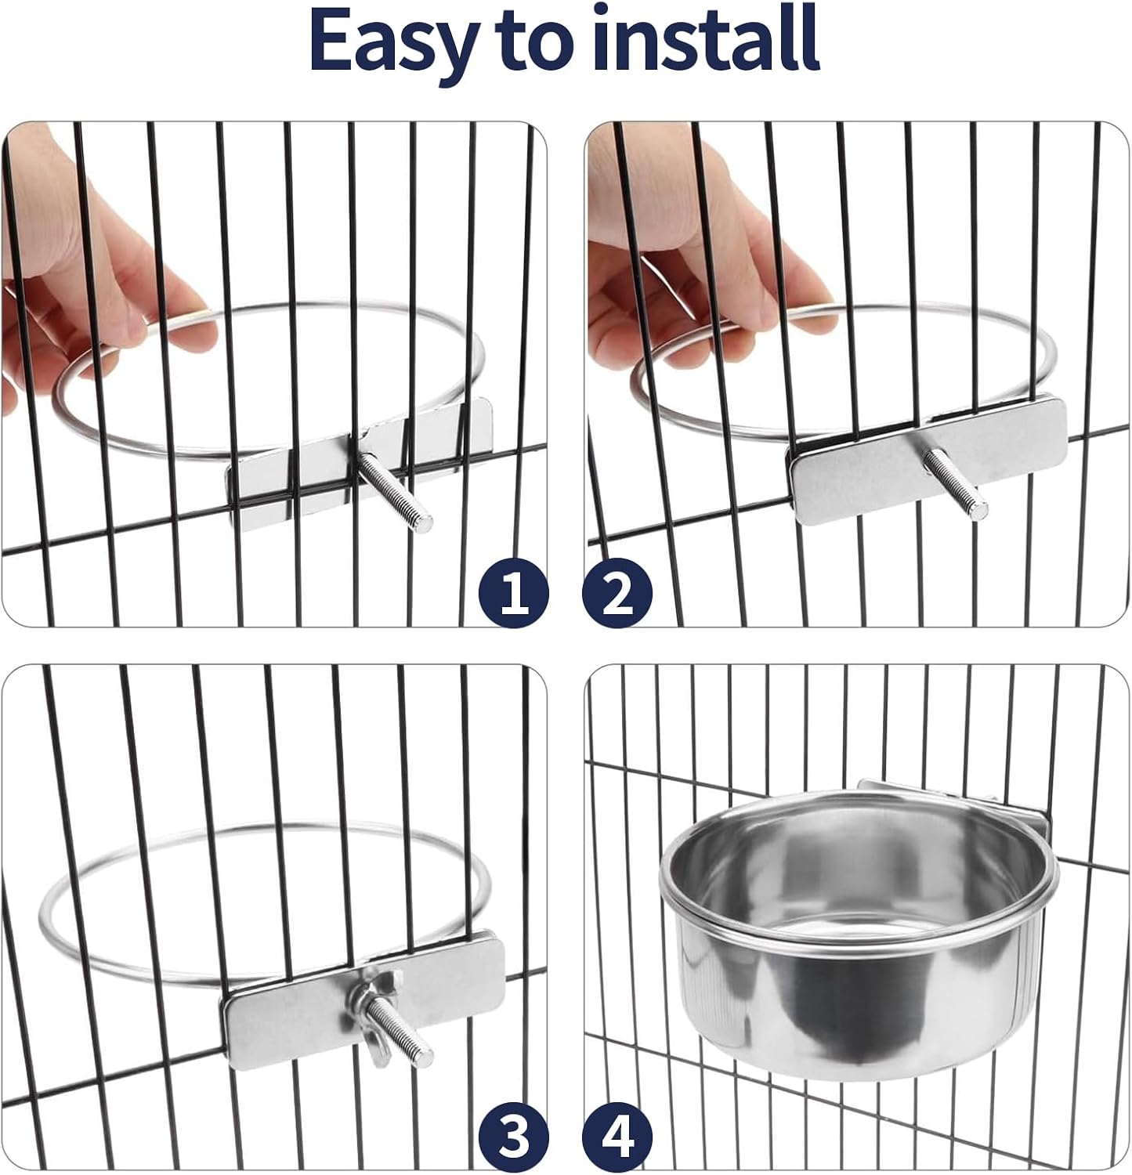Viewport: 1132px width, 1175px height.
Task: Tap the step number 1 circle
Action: (x=514, y=593)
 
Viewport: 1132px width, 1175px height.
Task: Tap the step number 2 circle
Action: (x=617, y=593)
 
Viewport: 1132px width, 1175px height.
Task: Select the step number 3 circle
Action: (x=514, y=1138)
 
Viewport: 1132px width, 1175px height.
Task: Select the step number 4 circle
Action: (x=617, y=1138)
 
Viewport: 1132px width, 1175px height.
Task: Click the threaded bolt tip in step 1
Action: (x=423, y=517)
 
